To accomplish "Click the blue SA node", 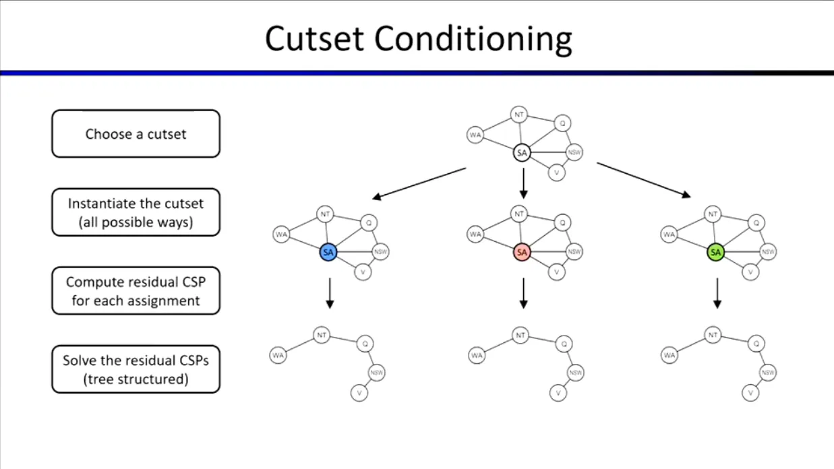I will [328, 253].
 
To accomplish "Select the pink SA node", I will [522, 252].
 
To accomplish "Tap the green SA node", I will [715, 253].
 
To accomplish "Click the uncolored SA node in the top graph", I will [522, 154].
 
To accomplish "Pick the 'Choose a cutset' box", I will [136, 134].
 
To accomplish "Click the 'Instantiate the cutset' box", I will [136, 212].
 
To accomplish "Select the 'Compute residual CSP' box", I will [136, 291].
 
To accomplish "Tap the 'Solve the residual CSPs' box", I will [136, 369].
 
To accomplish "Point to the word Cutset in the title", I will [316, 39].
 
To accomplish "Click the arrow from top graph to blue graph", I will [419, 183].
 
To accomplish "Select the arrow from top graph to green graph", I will [644, 180].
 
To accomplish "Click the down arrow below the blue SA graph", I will [330, 293].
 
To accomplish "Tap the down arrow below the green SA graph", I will [717, 293].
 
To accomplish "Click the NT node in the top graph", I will [518, 115].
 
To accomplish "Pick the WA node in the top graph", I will [475, 135].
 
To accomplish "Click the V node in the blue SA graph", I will [363, 272].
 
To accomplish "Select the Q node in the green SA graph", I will [756, 222].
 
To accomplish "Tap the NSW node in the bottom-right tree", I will [768, 372].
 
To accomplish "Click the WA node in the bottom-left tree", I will [278, 354].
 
